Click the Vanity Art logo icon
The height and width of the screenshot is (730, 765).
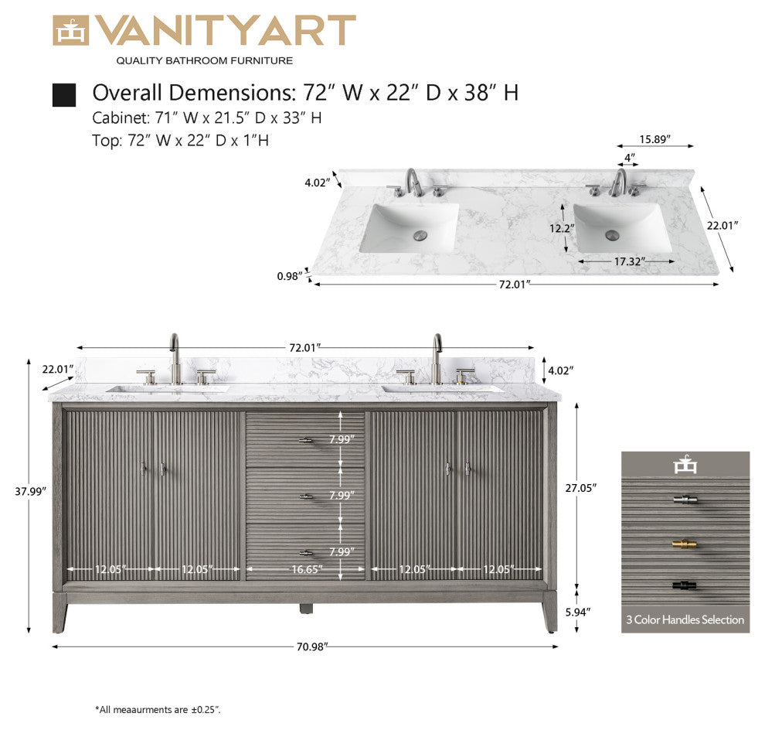[x=70, y=31]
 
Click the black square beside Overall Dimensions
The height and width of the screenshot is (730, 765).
[x=64, y=95]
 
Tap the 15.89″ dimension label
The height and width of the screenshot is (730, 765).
[x=654, y=139]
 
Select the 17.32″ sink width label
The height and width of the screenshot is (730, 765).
[x=629, y=261]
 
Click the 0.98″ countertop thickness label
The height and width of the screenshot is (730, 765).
[x=290, y=276]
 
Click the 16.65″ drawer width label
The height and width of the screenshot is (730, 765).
[x=306, y=570]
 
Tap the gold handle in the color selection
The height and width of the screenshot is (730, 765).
[x=685, y=544]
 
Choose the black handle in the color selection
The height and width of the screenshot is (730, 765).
[x=685, y=585]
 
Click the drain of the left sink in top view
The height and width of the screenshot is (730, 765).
[x=421, y=233]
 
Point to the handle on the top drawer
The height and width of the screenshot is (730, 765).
[x=306, y=441]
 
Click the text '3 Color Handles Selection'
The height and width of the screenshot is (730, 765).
[x=685, y=619]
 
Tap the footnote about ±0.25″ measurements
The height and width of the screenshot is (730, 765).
[x=158, y=709]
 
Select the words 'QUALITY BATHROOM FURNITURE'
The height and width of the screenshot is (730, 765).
[x=204, y=60]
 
